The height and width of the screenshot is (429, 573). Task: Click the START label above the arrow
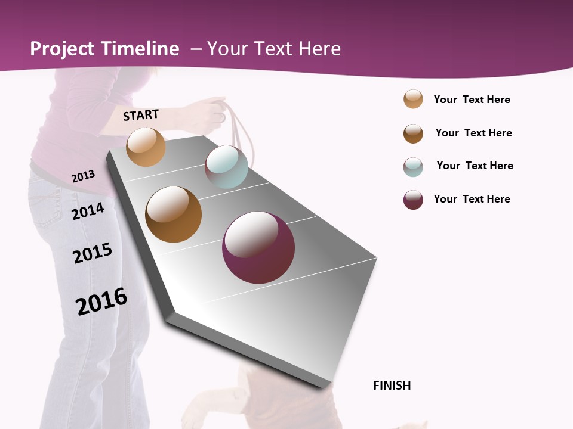click(x=141, y=115)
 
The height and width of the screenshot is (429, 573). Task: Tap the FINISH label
click(x=392, y=386)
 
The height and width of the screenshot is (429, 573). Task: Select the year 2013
click(x=83, y=176)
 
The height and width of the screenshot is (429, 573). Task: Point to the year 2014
click(x=88, y=211)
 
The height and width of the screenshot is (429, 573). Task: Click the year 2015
click(x=93, y=253)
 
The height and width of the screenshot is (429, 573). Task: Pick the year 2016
click(x=101, y=301)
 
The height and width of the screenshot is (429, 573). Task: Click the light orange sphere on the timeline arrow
click(x=146, y=147)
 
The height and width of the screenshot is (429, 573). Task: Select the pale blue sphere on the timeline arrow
click(x=226, y=166)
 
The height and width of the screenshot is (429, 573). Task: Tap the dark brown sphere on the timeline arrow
click(x=173, y=214)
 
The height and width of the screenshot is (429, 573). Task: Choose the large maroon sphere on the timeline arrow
click(x=258, y=247)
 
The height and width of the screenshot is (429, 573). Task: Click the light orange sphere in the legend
click(x=413, y=99)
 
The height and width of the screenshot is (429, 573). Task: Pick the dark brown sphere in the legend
click(x=413, y=133)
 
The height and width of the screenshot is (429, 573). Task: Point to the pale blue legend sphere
click(x=413, y=167)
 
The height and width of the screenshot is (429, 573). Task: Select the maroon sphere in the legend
click(x=413, y=200)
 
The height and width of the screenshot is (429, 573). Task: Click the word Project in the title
click(x=63, y=49)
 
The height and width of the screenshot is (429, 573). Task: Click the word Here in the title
click(x=319, y=49)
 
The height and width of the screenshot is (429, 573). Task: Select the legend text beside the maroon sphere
click(x=472, y=199)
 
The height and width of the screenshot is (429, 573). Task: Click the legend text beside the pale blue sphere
click(x=475, y=166)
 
